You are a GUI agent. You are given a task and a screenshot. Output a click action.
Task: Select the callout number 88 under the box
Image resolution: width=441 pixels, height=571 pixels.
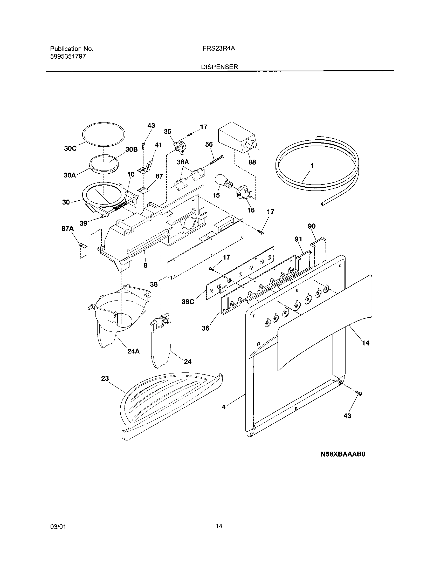click(x=252, y=162)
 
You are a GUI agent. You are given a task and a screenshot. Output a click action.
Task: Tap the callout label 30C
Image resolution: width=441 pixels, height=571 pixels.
click(x=70, y=148)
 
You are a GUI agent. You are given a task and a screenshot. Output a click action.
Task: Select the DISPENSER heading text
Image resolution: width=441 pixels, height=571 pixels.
click(x=219, y=67)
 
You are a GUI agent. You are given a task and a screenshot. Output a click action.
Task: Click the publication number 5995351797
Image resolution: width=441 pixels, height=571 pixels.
click(x=68, y=57)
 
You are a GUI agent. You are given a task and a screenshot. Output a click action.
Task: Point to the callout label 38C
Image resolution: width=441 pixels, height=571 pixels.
click(x=188, y=302)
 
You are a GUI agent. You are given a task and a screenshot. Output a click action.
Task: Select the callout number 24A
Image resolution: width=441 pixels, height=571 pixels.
click(x=133, y=351)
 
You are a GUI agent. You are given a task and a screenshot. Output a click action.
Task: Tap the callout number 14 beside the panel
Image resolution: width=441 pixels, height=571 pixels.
click(x=366, y=343)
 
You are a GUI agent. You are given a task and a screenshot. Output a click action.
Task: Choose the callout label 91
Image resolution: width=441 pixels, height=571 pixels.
click(x=298, y=239)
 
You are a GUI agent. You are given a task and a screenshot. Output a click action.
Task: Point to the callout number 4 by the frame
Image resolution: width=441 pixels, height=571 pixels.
click(x=223, y=414)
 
